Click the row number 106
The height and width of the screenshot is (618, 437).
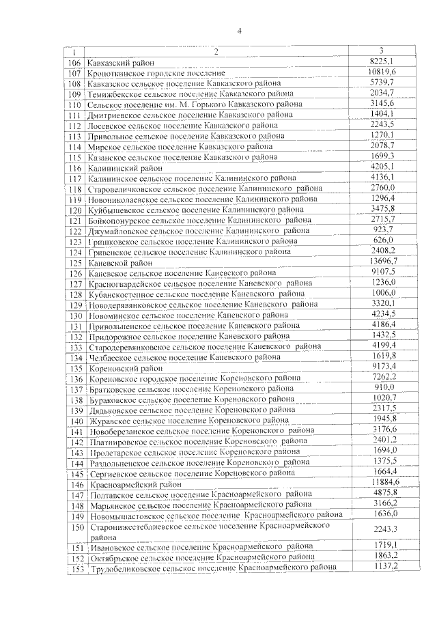[75, 63]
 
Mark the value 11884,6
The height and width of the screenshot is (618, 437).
[384, 482]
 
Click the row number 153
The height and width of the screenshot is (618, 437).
[76, 569]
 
